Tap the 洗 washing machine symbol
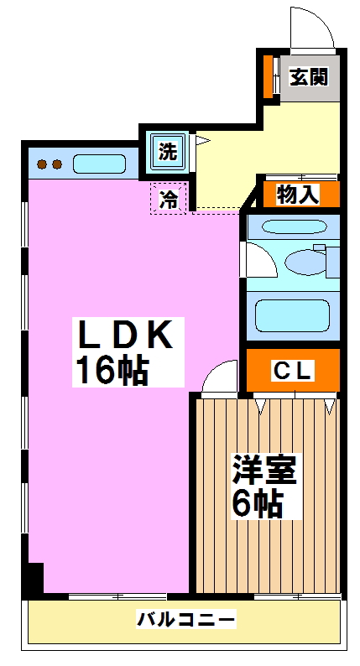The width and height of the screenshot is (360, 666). click(x=168, y=152)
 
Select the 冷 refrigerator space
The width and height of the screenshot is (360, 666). click(x=169, y=198)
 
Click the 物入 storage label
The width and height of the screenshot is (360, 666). click(x=297, y=195)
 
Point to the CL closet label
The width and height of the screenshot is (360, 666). click(x=293, y=371)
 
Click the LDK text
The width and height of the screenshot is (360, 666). click(x=126, y=334)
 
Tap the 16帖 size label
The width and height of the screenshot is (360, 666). click(x=112, y=371)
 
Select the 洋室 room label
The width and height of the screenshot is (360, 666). click(x=264, y=469)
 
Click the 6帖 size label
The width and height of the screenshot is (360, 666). click(x=258, y=503)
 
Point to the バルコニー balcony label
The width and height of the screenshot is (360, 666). click(x=185, y=619)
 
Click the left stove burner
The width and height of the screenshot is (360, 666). click(x=42, y=164)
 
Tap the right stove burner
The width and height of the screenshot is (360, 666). click(x=57, y=164)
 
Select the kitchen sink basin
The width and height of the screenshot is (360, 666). click(x=100, y=164)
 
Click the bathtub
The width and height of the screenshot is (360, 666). click(x=292, y=315)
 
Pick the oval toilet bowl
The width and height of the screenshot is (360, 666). click(x=305, y=262)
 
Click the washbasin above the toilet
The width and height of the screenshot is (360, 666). click(x=294, y=226)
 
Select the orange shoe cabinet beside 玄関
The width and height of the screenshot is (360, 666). click(x=268, y=75)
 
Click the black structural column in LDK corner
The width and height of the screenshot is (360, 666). click(x=34, y=578)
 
